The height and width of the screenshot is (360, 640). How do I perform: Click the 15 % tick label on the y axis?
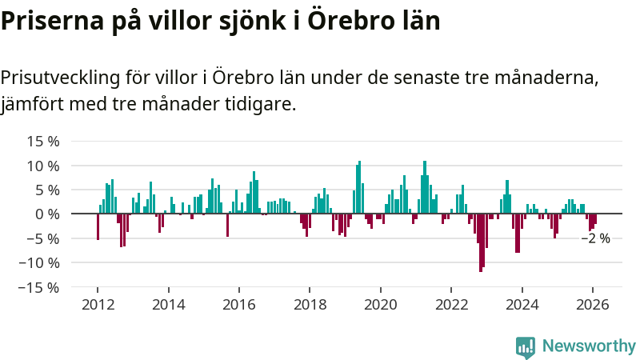point(43,142)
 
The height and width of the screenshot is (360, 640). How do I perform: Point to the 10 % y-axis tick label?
point(43,166)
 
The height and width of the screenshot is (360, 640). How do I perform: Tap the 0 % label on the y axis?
point(47,214)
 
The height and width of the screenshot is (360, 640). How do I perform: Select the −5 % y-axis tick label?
point(40,238)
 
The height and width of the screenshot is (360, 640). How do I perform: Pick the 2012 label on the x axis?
point(98,304)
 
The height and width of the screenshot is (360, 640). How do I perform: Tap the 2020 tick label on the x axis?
point(380,304)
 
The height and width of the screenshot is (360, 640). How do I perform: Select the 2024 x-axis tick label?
point(522,304)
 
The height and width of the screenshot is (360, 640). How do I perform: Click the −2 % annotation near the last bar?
point(595,238)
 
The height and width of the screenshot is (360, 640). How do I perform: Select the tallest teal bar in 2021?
point(425,187)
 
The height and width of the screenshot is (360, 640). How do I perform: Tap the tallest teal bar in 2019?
point(360,187)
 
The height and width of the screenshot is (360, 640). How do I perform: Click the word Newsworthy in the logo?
point(589,346)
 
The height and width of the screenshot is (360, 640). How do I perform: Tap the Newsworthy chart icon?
point(526,346)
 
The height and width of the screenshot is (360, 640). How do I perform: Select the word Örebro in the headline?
point(339,21)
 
